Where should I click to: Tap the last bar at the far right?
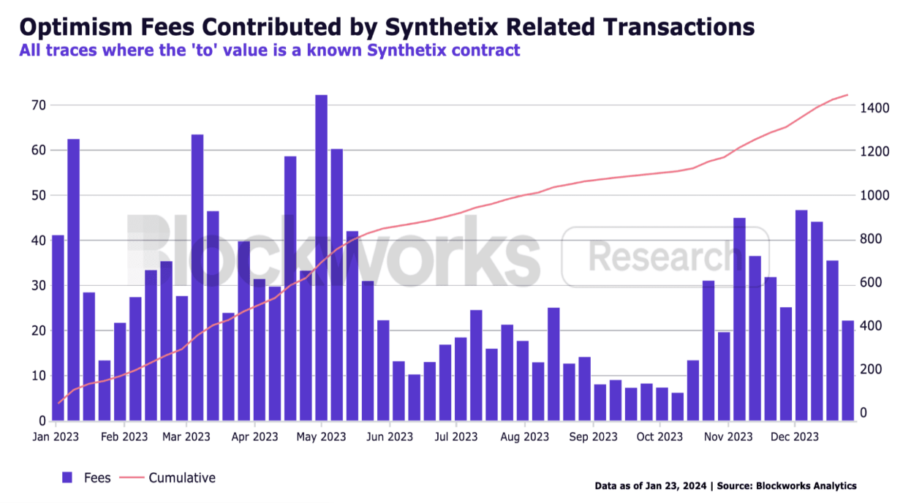(847, 371)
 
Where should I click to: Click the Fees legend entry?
(86, 477)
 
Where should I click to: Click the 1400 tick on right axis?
(874, 108)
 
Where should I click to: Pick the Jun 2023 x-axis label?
(389, 437)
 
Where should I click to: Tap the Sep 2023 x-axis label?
(593, 437)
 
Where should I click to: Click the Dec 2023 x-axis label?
(795, 437)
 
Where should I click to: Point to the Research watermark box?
(665, 256)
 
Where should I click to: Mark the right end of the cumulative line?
(847, 95)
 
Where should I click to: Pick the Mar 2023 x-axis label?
(186, 437)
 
